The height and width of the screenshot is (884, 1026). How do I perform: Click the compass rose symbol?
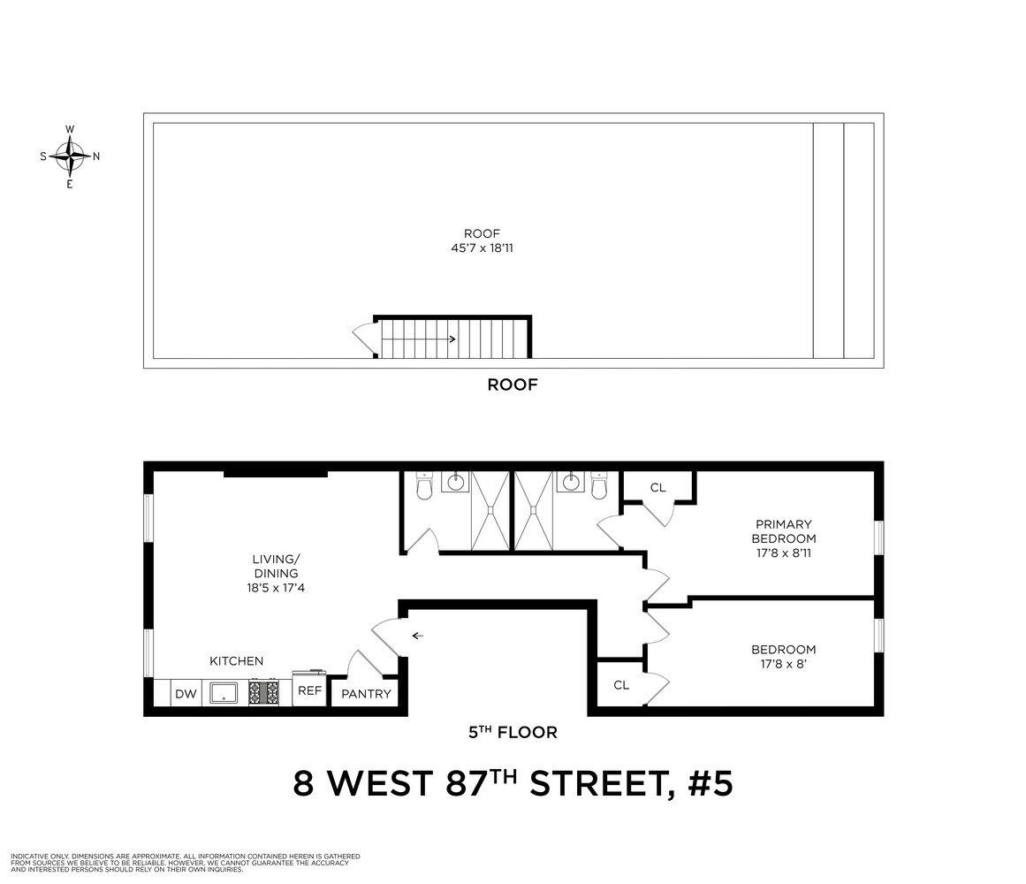coord(69,156)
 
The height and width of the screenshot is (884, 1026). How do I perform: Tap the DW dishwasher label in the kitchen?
coord(186,694)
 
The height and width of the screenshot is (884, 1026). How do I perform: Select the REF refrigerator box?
coord(309,689)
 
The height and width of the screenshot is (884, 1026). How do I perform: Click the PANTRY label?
coord(366,694)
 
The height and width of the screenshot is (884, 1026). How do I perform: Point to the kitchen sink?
coord(224,692)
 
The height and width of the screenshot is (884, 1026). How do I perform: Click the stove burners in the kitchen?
coord(263,692)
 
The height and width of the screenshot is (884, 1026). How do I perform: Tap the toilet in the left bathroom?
coord(424,485)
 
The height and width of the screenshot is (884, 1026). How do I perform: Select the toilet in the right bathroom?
coord(598,485)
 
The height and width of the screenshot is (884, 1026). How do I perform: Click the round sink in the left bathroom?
coord(455,483)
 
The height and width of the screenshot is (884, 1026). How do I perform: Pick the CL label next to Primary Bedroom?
coord(657,487)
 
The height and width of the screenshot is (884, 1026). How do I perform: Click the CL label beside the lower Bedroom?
coord(621,685)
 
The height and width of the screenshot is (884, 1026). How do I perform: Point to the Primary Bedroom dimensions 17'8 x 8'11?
coord(783,552)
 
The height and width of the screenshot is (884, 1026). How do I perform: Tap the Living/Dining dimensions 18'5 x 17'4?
coord(276,588)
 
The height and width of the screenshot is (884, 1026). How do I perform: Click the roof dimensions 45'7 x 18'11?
coord(482,248)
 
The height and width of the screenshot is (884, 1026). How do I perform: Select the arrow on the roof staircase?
coord(419,339)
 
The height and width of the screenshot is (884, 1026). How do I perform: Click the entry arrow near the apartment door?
coord(417,636)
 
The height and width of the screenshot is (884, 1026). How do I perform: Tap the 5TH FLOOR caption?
coord(513,732)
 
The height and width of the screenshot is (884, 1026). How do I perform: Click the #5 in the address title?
coord(710,783)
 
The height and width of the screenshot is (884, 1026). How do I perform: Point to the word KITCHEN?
coord(236,661)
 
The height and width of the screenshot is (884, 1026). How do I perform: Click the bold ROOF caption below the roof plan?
coord(513,385)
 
